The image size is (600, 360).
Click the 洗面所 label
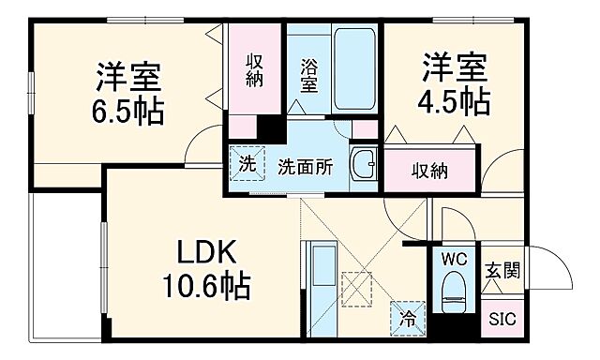tap(305, 168)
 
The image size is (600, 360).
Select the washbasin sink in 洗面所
tap(364, 165)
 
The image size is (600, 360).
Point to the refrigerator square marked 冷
tap(408, 317)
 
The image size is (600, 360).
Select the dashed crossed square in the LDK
tap(356, 287)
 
